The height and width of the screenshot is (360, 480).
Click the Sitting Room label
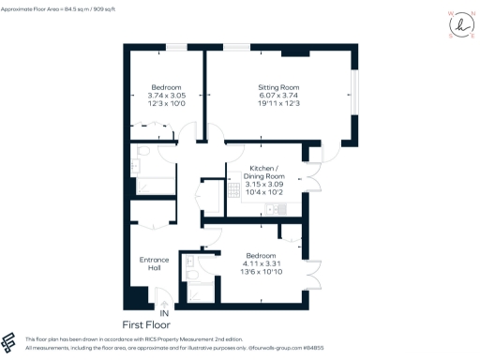click(x=278, y=87)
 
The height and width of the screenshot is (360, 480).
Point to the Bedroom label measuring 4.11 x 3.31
click(x=261, y=256)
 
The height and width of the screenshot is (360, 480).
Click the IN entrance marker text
click(x=164, y=313)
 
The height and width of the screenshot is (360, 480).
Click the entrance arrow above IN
click(x=164, y=303)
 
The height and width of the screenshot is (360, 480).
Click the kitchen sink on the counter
click(x=273, y=208)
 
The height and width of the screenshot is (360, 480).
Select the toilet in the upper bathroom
click(x=143, y=151)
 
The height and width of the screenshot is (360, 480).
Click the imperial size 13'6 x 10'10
click(x=261, y=272)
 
